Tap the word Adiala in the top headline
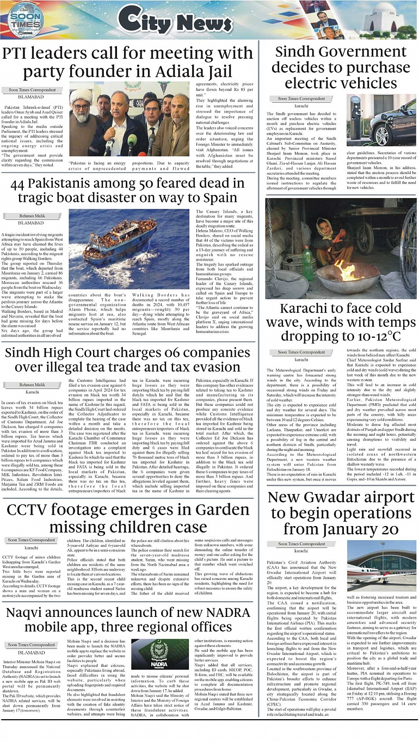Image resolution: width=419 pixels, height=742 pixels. point(186,71)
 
